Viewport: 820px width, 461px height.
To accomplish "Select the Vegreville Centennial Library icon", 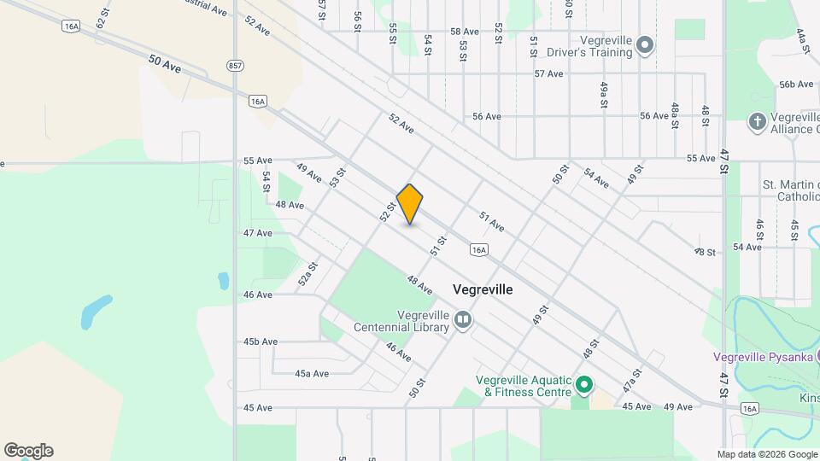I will point(463,320).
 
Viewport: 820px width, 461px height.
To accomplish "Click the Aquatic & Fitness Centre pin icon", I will point(584,386).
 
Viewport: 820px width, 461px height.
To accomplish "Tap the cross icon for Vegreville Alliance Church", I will point(757,122).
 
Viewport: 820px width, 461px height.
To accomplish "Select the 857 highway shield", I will point(234,65).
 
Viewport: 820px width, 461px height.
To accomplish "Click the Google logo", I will point(28,451).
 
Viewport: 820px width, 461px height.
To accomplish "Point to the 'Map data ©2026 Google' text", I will point(766,454).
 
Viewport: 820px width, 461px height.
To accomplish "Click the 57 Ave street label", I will point(548,73).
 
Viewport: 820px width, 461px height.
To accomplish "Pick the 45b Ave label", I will point(261,341).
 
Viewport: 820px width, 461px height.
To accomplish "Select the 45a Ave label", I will point(312,373).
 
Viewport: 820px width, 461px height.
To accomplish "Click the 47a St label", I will point(631,378).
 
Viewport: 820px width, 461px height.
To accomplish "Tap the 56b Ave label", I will point(795,84).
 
